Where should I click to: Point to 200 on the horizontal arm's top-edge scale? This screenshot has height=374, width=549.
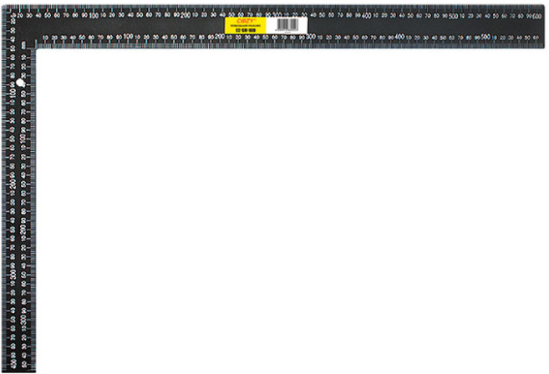tap(183, 16)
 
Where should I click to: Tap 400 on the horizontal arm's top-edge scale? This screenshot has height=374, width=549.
tap(365, 16)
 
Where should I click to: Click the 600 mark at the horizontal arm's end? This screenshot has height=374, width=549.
tap(538, 16)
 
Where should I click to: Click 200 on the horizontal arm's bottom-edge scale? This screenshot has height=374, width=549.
tap(219, 38)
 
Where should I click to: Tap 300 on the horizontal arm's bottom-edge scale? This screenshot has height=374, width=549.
tap(310, 38)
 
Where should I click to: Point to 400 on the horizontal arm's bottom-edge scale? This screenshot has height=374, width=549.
tap(399, 38)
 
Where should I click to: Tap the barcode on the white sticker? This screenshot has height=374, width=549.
tap(286, 25)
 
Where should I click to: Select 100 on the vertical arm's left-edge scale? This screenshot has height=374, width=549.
tap(12, 94)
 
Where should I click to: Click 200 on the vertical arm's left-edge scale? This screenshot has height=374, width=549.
tap(12, 184)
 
